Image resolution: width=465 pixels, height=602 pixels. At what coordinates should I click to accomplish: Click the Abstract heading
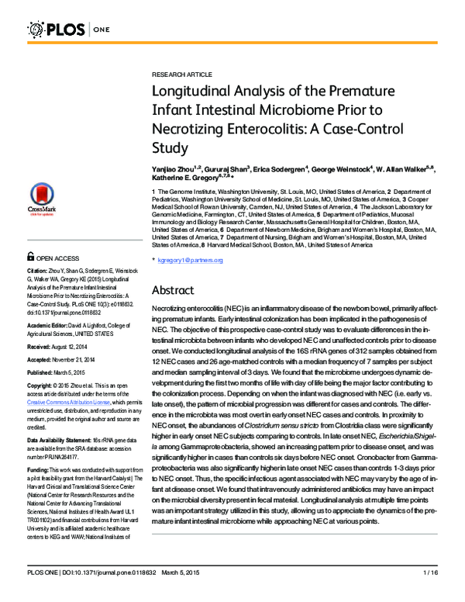tap(177, 289)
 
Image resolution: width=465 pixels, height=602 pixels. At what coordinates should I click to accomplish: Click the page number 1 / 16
tap(429, 594)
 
